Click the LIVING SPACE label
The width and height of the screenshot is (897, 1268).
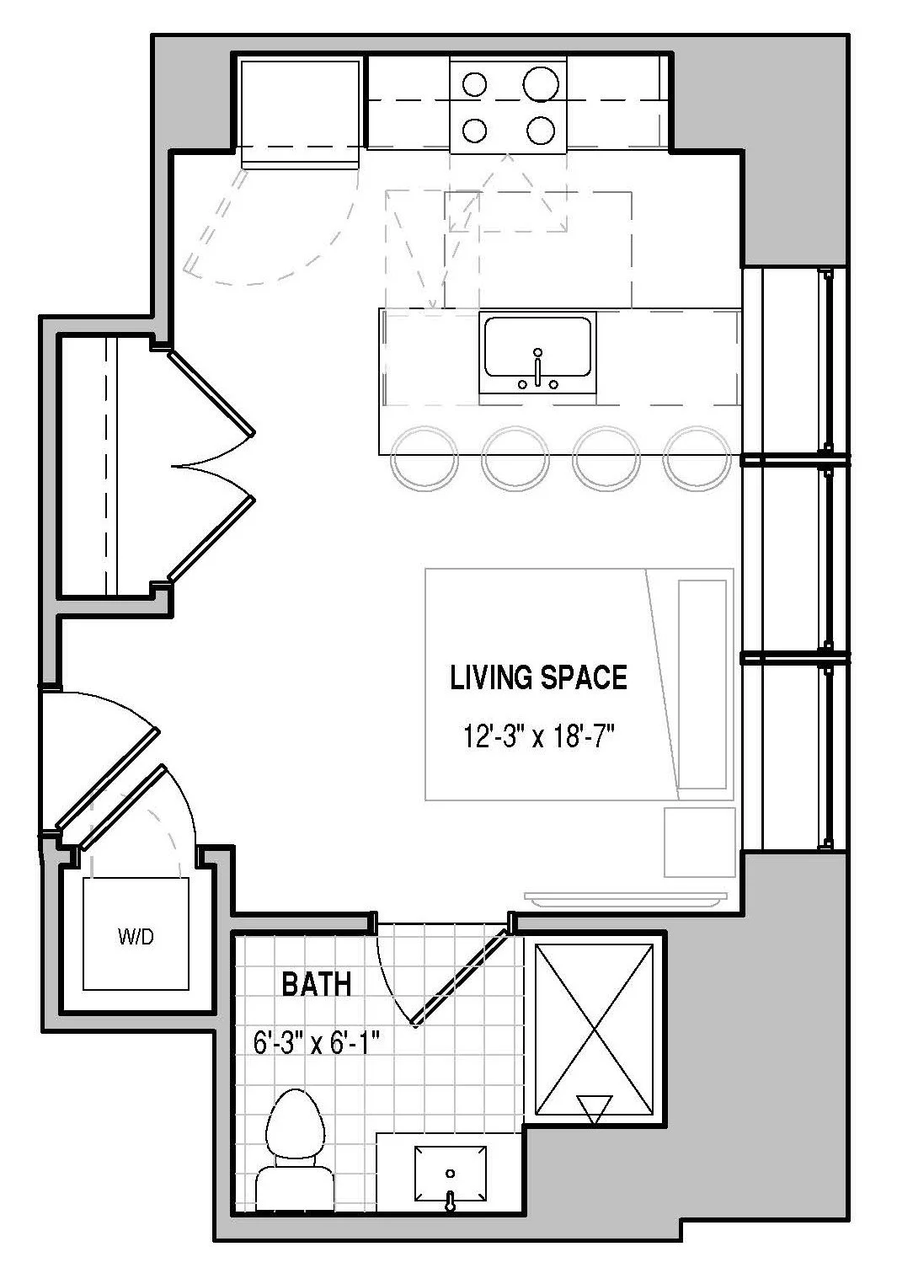[x=538, y=677]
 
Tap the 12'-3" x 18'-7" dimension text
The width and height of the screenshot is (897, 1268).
[x=539, y=736]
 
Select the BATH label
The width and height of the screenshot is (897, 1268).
[x=317, y=984]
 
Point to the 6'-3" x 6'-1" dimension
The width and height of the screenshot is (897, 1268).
[x=316, y=1043]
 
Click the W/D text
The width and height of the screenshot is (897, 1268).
[x=136, y=937]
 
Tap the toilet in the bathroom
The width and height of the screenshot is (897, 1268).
[x=294, y=1150]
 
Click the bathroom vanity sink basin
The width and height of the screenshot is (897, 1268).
[x=451, y=1173]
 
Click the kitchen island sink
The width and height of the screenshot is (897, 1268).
[x=537, y=347]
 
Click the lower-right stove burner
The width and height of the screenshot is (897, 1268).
[x=541, y=131]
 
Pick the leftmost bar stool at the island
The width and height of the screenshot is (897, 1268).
[x=424, y=458]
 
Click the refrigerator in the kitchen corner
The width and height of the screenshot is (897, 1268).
[x=300, y=113]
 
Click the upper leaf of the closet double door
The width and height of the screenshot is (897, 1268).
[x=211, y=393]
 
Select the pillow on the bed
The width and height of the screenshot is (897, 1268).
[x=702, y=684]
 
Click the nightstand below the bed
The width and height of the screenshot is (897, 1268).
[x=699, y=843]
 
